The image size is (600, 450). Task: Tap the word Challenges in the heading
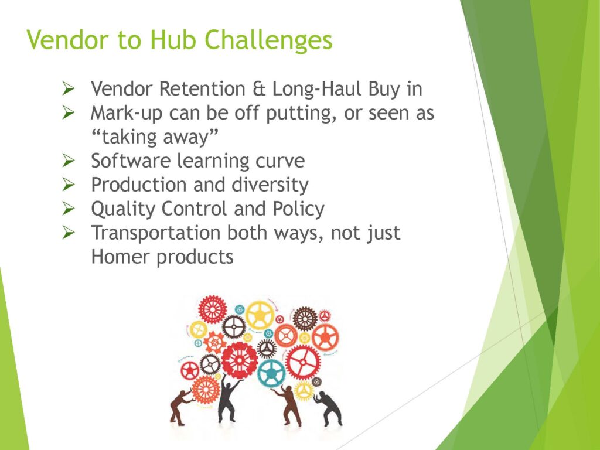coord(268,40)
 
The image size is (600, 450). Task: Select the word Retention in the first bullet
coord(202,89)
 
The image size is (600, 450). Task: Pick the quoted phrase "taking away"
coord(155,137)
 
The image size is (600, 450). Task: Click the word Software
coord(131,161)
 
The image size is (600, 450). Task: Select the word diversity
coord(270,185)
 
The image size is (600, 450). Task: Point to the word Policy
coord(298,210)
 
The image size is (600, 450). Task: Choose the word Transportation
coord(155,233)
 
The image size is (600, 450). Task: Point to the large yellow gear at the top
coord(260,315)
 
